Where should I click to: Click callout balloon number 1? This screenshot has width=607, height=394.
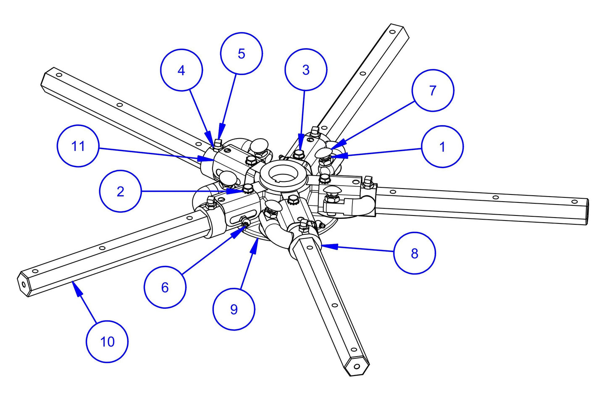pos(442,147)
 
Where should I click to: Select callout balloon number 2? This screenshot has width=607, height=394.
pos(120,191)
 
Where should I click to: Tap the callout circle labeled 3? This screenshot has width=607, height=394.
pos(305,70)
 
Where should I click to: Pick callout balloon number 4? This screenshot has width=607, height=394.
pos(181,70)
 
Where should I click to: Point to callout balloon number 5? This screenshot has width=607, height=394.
pos(241,53)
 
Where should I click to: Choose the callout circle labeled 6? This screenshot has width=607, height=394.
pos(165,287)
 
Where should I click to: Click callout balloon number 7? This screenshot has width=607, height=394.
pos(433,90)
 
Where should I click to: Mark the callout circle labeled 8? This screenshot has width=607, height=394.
pos(414,253)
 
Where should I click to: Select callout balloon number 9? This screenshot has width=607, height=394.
pos(234,309)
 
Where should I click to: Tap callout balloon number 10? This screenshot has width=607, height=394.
pos(107,341)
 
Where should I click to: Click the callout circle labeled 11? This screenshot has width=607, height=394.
pos(78,146)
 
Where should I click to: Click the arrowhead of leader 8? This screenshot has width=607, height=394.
pos(323,246)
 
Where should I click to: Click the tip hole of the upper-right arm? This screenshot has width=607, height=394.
pos(393,32)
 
